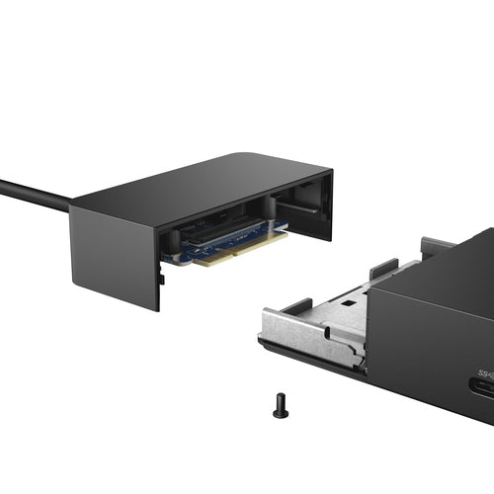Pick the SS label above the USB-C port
point(485,372)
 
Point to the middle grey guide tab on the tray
point(383,268)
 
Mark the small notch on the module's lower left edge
point(162,280)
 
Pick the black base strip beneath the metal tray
point(306,356)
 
